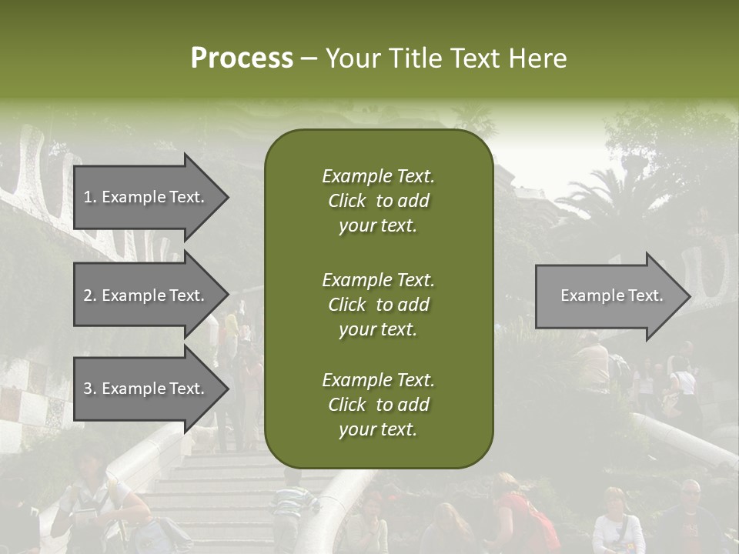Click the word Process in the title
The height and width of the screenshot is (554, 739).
pos(242,58)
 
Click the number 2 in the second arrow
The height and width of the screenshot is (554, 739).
pos(88,295)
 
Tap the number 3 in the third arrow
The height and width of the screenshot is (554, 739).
pos(88,389)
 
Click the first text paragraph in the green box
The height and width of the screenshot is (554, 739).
pos(378,201)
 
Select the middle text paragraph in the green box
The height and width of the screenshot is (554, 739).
pos(378,305)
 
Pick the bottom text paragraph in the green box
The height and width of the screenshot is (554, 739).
pos(378,405)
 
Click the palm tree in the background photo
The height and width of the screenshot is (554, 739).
pos(608,192)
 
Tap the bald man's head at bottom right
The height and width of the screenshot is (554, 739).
pos(691,489)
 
